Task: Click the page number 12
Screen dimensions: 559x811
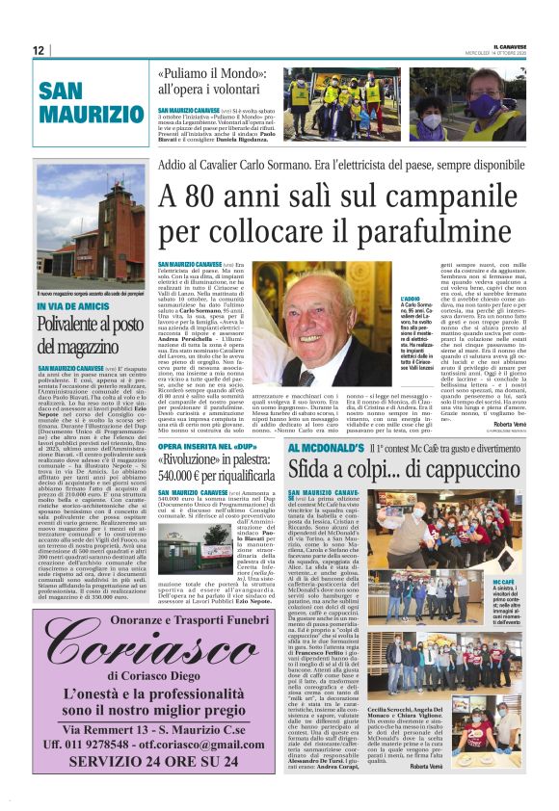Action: coord(38,50)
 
